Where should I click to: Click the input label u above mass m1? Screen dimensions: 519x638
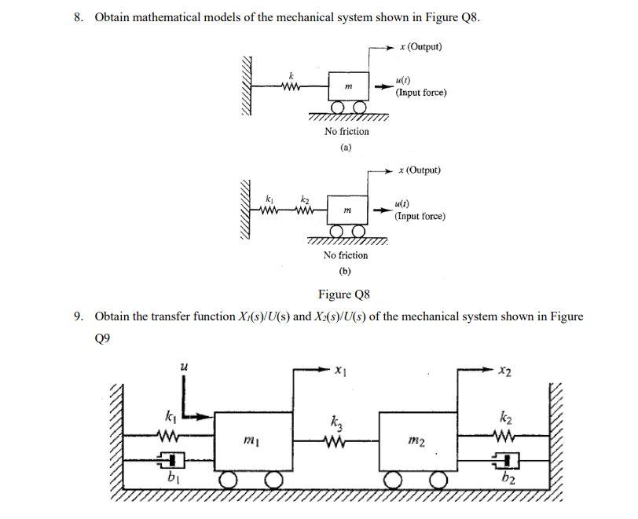tap(184, 366)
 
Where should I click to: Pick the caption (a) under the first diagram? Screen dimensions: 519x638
tap(346, 147)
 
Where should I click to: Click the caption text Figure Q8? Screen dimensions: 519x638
tap(343, 294)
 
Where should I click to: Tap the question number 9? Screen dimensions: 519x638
tap(78, 316)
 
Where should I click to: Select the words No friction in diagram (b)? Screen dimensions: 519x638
tap(346, 255)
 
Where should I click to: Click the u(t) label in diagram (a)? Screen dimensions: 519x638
tap(403, 80)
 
